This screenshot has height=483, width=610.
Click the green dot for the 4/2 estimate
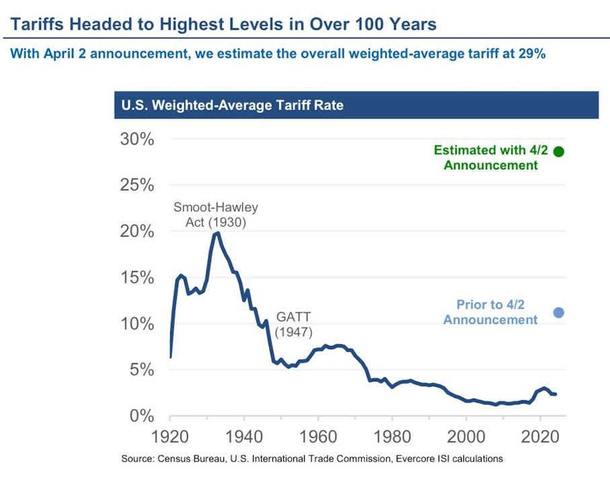point(558,151)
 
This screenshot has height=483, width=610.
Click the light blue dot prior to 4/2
point(558,312)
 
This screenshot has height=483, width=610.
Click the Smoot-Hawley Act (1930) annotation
point(215,214)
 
